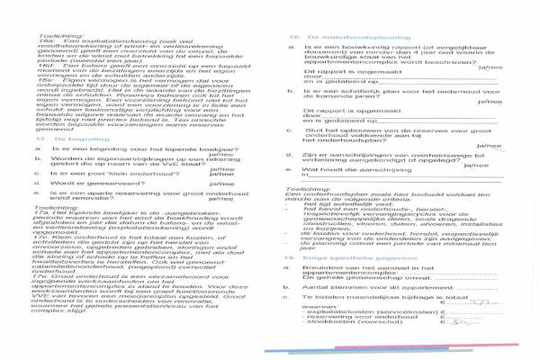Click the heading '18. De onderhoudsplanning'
coord(325,11)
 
